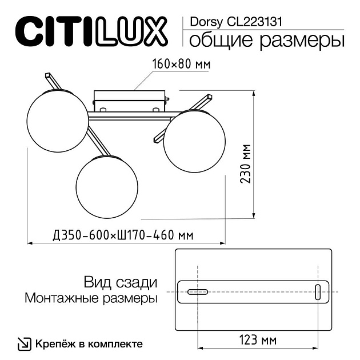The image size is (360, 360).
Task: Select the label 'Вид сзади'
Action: pos(119,282)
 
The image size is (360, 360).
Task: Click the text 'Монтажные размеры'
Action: pos(91,298)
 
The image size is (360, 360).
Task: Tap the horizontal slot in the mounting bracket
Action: pos(198,292)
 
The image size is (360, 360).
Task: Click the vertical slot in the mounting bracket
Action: pos(318,291)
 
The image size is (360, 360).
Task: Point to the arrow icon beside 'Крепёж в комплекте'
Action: pos(25,344)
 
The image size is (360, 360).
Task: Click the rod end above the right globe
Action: pos(207,98)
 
